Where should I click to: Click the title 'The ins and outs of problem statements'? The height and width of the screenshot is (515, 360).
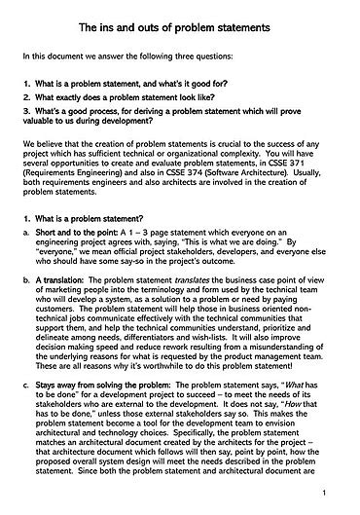180,22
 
